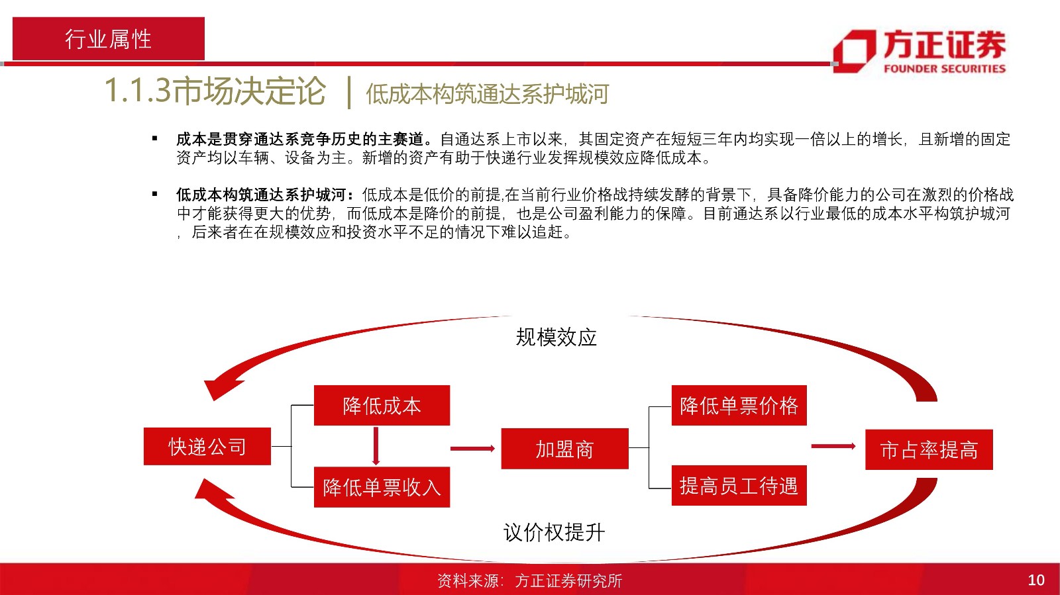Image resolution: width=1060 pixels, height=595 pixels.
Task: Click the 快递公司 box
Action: pyautogui.click(x=207, y=446)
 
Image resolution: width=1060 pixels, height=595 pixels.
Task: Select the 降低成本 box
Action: pyautogui.click(x=382, y=405)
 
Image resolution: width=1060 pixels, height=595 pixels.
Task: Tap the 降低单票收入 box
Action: pyautogui.click(x=382, y=487)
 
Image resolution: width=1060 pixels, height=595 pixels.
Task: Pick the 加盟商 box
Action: pyautogui.click(x=564, y=449)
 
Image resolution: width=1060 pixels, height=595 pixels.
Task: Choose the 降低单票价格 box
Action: pyautogui.click(x=739, y=405)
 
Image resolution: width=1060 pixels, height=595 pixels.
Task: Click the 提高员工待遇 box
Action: pyautogui.click(x=739, y=485)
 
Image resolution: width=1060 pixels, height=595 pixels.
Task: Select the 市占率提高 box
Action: pyautogui.click(x=929, y=449)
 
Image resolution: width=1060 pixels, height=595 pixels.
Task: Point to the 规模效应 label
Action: pyautogui.click(x=556, y=338)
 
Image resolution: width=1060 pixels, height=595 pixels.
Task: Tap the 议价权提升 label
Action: pyautogui.click(x=554, y=533)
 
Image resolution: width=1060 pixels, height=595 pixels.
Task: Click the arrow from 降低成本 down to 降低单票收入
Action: pyautogui.click(x=376, y=446)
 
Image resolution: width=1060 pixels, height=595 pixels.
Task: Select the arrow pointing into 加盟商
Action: pyautogui.click(x=473, y=449)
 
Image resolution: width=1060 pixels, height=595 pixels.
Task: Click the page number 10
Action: pyautogui.click(x=1036, y=580)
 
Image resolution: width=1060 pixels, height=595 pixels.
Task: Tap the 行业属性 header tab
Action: pyautogui.click(x=109, y=39)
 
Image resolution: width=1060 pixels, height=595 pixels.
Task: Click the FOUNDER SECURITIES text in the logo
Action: pyautogui.click(x=945, y=69)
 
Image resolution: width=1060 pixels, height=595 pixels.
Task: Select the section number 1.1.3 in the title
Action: pyautogui.click(x=137, y=90)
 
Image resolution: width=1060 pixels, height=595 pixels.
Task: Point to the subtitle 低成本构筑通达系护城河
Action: pyautogui.click(x=488, y=93)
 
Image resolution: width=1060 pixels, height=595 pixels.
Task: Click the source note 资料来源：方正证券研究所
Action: pyautogui.click(x=529, y=580)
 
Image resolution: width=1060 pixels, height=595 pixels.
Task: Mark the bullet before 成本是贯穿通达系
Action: pyautogui.click(x=155, y=138)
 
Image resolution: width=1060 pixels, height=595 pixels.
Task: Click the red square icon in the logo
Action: pyautogui.click(x=855, y=52)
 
